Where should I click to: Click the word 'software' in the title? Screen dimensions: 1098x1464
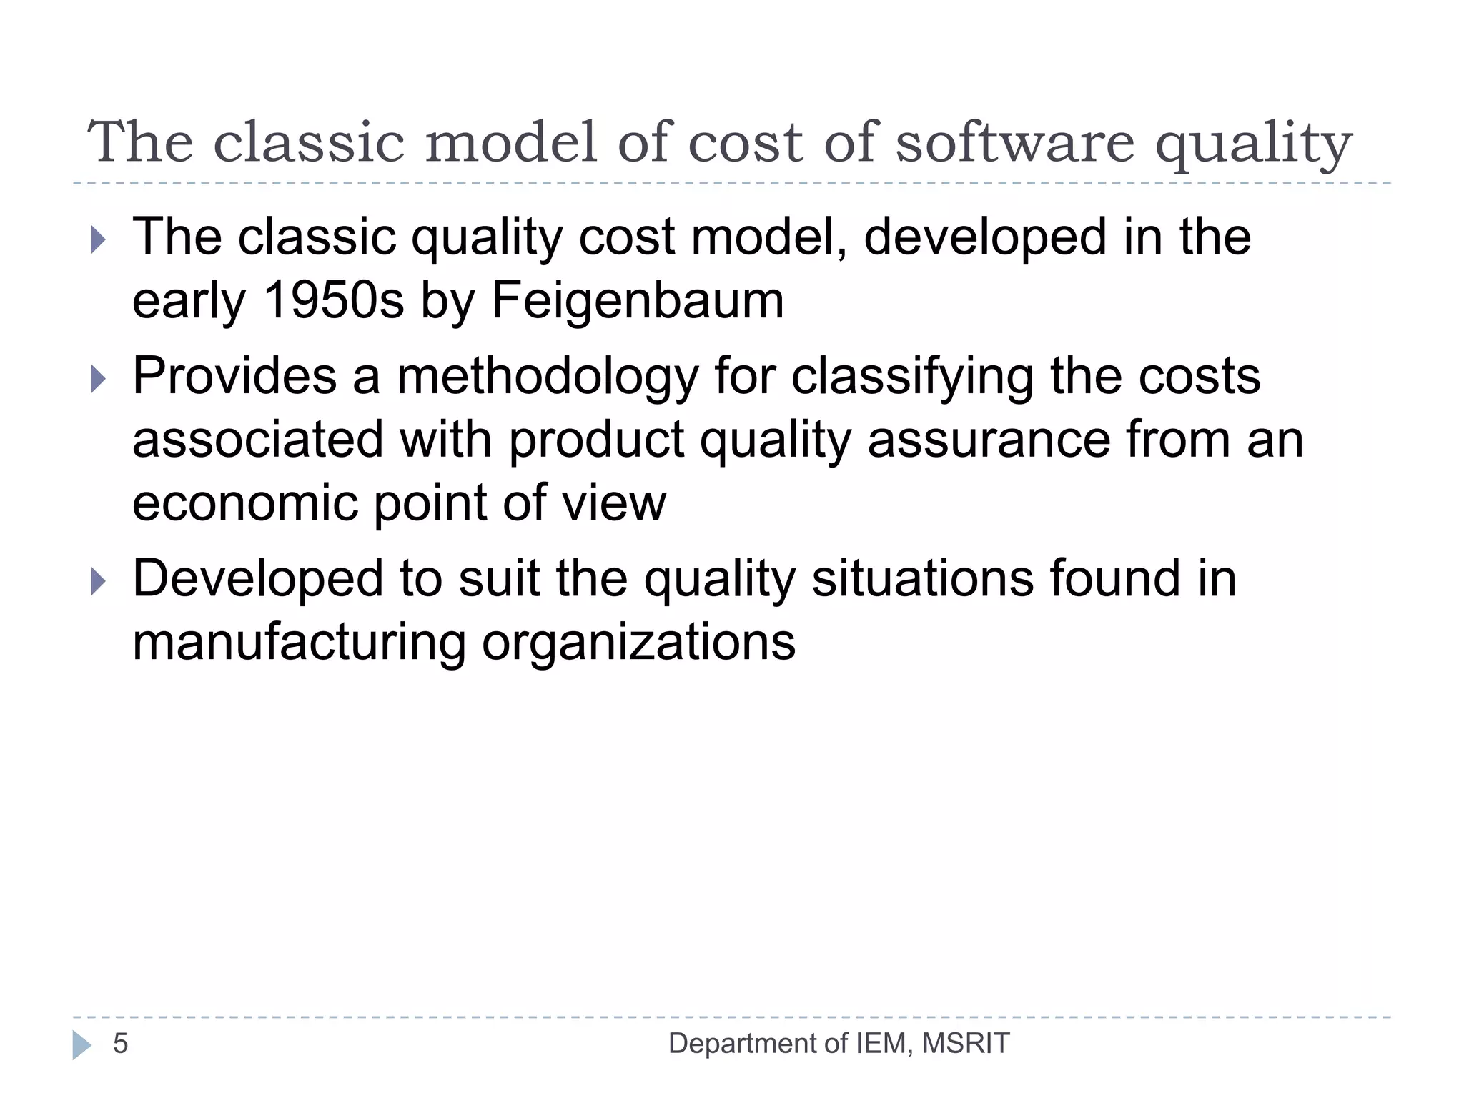point(1014,142)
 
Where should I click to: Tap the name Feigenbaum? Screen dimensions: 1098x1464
point(638,300)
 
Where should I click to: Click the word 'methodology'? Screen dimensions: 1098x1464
point(547,377)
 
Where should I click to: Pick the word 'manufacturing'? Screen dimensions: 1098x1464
point(300,642)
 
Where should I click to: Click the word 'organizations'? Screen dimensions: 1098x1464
point(638,642)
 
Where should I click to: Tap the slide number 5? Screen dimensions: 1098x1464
point(120,1044)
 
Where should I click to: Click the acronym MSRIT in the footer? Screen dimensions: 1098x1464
point(966,1044)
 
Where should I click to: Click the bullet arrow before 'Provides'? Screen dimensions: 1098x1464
point(99,379)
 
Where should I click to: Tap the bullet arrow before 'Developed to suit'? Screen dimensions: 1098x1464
point(99,581)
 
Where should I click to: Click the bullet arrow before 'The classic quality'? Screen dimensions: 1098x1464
point(99,239)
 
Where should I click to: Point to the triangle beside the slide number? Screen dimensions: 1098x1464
point(81,1044)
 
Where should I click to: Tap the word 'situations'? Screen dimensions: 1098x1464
point(923,579)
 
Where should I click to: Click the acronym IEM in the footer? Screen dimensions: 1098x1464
point(883,1044)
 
